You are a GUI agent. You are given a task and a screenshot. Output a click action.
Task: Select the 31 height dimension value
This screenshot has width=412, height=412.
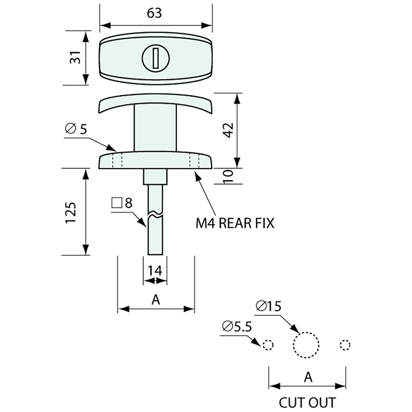point(75,58)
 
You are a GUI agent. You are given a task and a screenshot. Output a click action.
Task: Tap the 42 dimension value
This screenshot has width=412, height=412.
point(229,130)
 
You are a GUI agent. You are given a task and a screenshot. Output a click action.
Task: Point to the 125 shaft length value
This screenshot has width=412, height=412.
point(71,213)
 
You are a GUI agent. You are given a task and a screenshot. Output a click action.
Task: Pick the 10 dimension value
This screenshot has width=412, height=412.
point(229,176)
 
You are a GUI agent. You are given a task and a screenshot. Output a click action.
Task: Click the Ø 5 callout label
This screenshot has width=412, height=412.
point(76,129)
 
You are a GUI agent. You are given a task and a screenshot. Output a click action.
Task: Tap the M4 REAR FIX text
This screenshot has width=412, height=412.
point(235,223)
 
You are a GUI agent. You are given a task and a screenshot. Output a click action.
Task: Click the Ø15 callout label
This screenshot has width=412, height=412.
point(269,306)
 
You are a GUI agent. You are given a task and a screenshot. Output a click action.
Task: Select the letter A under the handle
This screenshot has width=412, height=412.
point(155,299)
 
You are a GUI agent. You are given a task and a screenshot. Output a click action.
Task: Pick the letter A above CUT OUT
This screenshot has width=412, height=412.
point(308,377)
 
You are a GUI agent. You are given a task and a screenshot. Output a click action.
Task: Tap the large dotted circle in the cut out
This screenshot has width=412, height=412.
point(306,345)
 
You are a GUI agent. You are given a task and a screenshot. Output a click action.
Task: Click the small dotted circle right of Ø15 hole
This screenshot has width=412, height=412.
point(345,345)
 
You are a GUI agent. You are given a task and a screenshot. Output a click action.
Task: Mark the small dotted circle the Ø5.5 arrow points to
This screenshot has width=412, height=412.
point(268,345)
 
